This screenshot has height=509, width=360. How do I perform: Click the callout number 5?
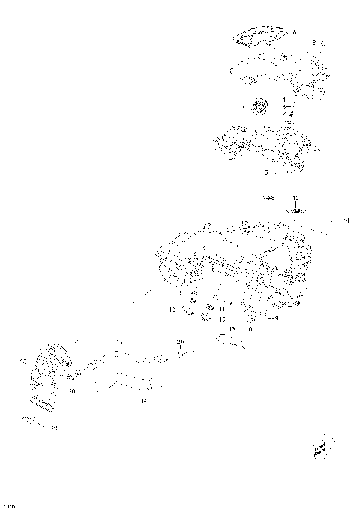tap(266, 172)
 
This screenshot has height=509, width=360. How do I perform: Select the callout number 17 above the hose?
tap(118, 342)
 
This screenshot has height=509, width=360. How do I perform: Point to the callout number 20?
tap(179, 342)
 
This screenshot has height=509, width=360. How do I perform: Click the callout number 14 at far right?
tap(346, 220)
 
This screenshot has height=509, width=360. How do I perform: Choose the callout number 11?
tap(222, 309)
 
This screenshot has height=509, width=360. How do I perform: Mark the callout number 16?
tap(72, 391)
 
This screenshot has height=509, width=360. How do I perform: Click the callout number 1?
tap(284, 100)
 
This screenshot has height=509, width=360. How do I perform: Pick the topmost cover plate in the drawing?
tap(261, 35)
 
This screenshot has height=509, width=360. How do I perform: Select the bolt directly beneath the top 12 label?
tap(296, 211)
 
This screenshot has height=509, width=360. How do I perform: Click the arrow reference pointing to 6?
tap(268, 197)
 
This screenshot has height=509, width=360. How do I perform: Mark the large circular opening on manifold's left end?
tap(172, 277)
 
